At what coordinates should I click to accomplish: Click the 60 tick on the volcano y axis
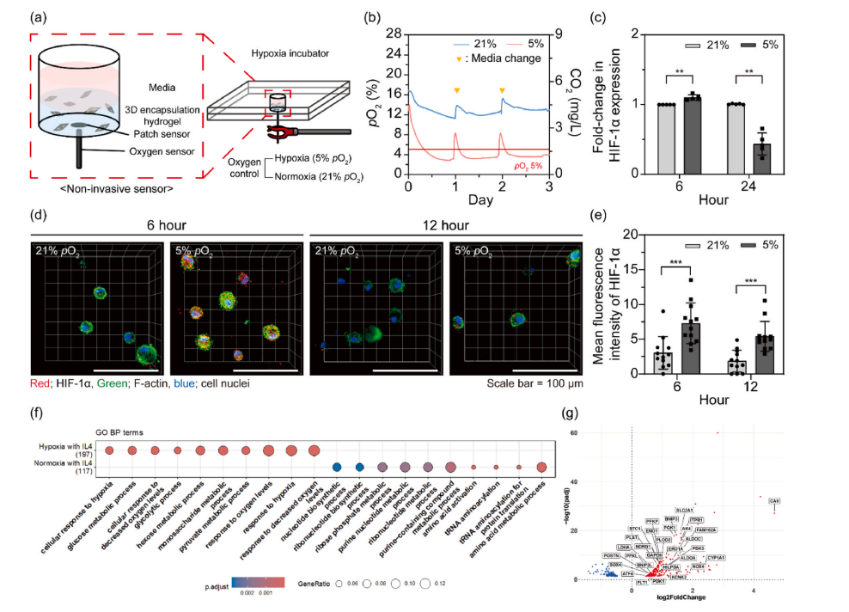point(621,433)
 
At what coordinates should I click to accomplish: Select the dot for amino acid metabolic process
point(541,467)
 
